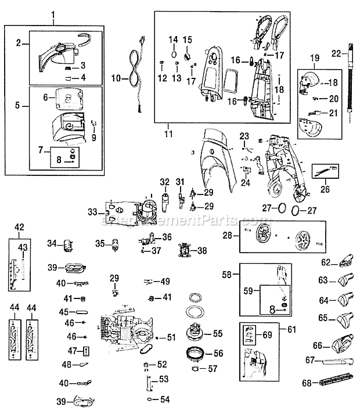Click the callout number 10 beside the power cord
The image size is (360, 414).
pos(116,77)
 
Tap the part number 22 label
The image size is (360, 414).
pos(334,54)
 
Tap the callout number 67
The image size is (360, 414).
pos(309,361)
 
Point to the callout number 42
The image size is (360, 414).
pos(20,227)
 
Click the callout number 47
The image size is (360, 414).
pos(71,351)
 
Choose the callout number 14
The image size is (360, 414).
pos(172,39)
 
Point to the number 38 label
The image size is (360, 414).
pos(201,251)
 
